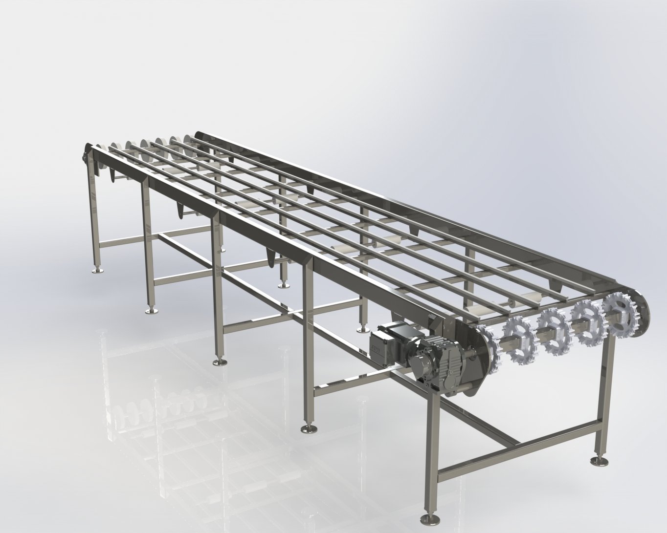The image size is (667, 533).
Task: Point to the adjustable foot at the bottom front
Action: [x=431, y=518]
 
